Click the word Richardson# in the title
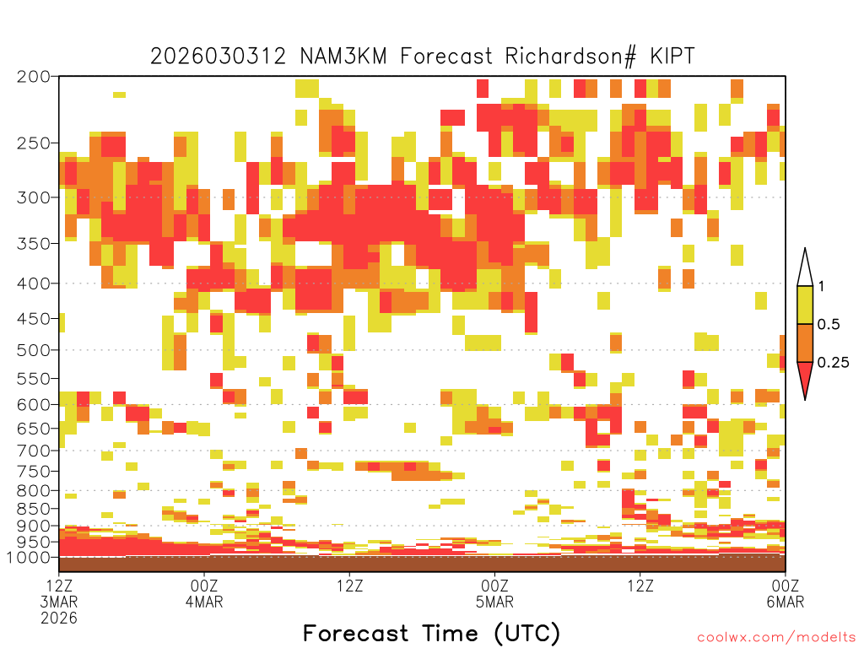[570, 57]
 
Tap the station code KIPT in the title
[672, 57]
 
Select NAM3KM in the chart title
[343, 57]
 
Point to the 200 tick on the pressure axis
[33, 77]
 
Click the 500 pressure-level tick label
[33, 350]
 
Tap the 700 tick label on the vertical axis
[33, 451]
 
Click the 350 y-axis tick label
[33, 244]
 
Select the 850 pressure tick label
[33, 509]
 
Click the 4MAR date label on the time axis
[204, 602]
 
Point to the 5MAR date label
[494, 602]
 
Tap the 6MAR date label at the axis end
[786, 602]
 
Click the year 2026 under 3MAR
[59, 618]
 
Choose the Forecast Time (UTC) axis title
[431, 633]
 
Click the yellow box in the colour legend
[805, 305]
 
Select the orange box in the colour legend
[805, 343]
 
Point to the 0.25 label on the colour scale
[833, 363]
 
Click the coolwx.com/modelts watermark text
[776, 638]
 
